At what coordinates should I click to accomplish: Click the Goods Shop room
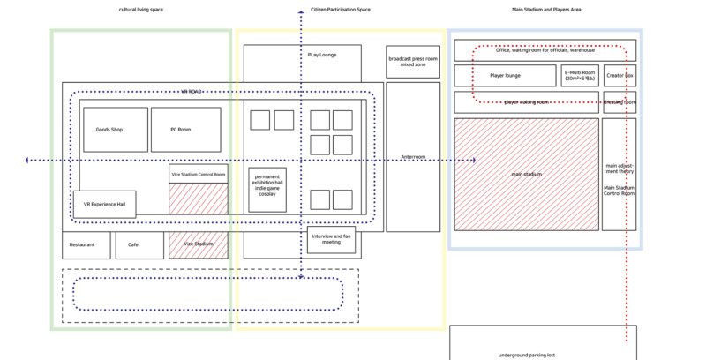(x=109, y=130)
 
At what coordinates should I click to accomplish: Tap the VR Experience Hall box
(x=104, y=204)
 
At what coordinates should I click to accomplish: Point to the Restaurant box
(x=86, y=244)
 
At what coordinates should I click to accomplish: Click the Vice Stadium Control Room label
(x=198, y=173)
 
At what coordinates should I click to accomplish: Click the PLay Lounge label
(x=322, y=55)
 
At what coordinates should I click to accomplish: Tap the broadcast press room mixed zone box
(x=412, y=61)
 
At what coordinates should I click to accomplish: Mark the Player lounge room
(x=505, y=75)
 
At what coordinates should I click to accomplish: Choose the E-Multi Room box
(x=580, y=75)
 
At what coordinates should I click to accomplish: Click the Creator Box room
(x=620, y=75)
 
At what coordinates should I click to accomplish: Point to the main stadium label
(x=527, y=174)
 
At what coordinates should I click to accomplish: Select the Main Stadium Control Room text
(x=620, y=190)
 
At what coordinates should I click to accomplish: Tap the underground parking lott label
(x=527, y=355)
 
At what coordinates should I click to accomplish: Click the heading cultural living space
(x=140, y=10)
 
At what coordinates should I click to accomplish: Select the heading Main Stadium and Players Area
(x=546, y=10)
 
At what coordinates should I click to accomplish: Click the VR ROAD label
(x=192, y=91)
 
